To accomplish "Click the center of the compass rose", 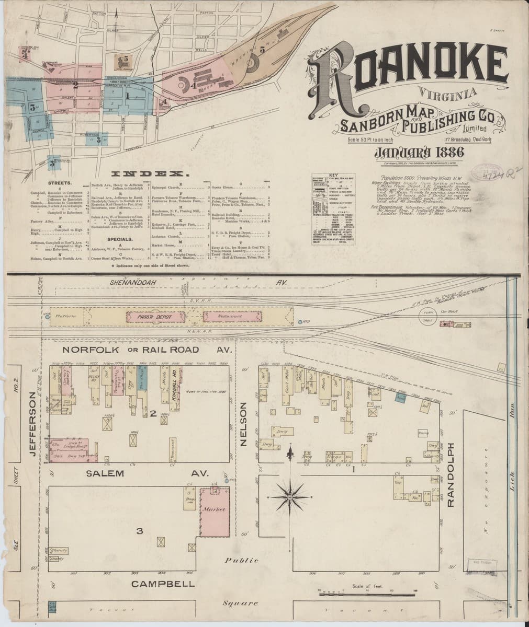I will pos(289,497).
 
